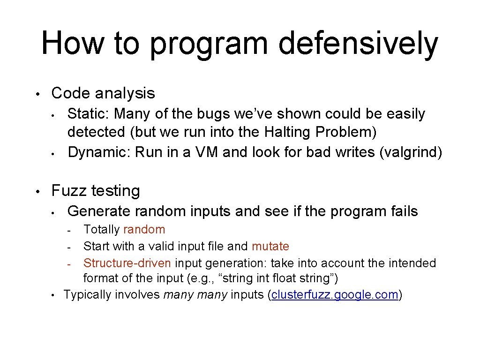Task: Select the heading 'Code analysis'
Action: pyautogui.click(x=103, y=93)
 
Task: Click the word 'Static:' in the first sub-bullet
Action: pyautogui.click(x=89, y=113)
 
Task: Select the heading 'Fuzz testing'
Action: pyautogui.click(x=96, y=190)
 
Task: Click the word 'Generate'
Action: pyautogui.click(x=98, y=211)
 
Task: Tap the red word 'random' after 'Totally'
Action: pyautogui.click(x=144, y=229)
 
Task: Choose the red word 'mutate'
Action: pyautogui.click(x=270, y=246)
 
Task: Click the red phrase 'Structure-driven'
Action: pyautogui.click(x=127, y=263)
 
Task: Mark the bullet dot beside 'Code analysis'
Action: pyautogui.click(x=41, y=93)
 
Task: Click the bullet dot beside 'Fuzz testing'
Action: pyautogui.click(x=41, y=191)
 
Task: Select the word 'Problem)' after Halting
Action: pyautogui.click(x=346, y=132)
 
